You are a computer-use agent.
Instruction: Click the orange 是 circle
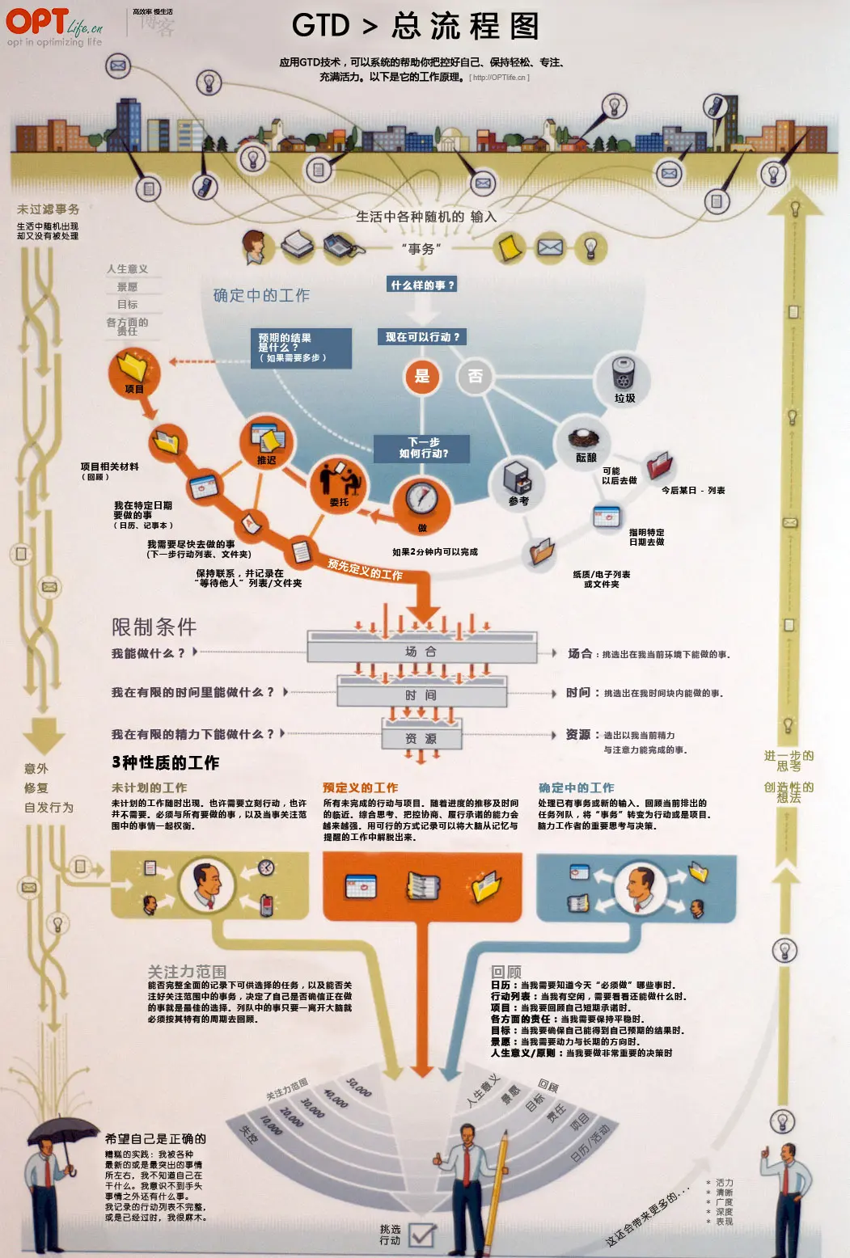tap(422, 376)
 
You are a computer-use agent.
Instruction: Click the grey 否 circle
tap(475, 376)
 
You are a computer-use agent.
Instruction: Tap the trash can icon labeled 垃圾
tap(624, 374)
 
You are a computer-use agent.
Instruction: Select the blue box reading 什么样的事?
tap(423, 285)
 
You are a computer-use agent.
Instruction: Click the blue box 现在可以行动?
tap(422, 337)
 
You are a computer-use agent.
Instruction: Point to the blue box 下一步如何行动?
tap(423, 448)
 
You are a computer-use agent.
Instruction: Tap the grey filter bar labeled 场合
tap(421, 652)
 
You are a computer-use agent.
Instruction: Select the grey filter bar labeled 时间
tap(421, 695)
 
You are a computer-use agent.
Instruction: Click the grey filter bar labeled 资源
tap(421, 738)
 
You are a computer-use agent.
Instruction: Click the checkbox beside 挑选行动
tap(421, 1235)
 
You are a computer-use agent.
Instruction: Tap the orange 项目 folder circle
tap(134, 373)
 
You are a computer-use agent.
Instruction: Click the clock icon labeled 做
tap(421, 498)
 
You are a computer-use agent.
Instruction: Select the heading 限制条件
tap(154, 627)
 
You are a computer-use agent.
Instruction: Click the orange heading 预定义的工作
tap(360, 787)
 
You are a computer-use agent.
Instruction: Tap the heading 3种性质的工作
tap(165, 762)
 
